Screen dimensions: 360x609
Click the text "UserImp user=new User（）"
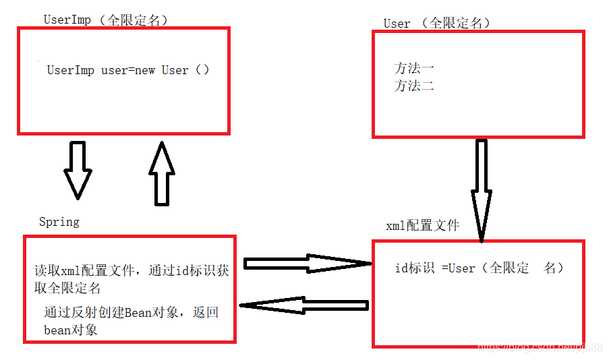tap(128, 70)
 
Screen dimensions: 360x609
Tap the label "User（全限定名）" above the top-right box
tap(437, 23)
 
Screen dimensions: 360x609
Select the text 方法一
tap(414, 68)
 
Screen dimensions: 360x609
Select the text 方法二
tap(414, 86)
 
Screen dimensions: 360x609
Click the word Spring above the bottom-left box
tap(59, 222)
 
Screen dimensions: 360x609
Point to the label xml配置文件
tap(422, 226)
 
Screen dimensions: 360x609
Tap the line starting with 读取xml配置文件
tap(132, 271)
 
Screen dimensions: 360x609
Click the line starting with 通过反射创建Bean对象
tap(132, 313)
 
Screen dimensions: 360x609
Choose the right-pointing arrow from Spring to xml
tap(308, 263)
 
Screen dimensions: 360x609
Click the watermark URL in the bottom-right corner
tap(540, 347)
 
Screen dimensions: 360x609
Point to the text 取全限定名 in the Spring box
tap(67, 289)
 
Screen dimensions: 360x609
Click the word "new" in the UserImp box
tap(145, 70)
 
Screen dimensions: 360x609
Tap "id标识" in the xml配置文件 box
tap(415, 268)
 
